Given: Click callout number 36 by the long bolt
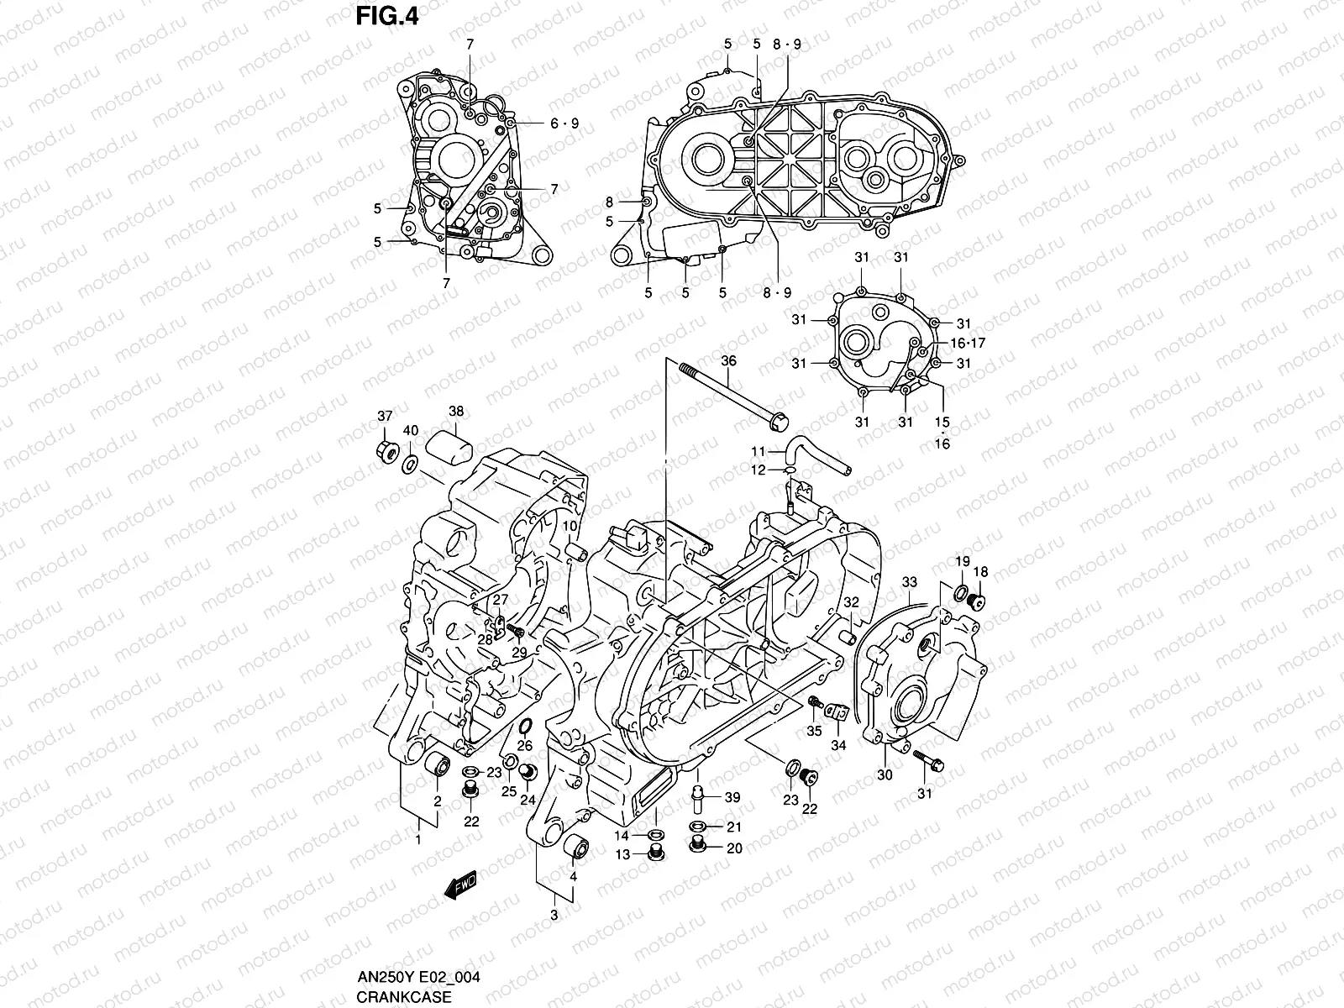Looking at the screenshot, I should pyautogui.click(x=728, y=360).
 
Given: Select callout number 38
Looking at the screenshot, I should pyautogui.click(x=455, y=412).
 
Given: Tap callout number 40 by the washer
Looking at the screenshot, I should pyautogui.click(x=411, y=431).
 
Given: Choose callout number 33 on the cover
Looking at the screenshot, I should pyautogui.click(x=910, y=581).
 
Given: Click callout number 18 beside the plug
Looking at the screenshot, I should pyautogui.click(x=980, y=572).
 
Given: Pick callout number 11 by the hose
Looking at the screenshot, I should pyautogui.click(x=759, y=452).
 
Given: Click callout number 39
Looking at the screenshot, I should pyautogui.click(x=732, y=797).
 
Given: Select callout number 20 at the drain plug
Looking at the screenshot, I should pyautogui.click(x=734, y=848).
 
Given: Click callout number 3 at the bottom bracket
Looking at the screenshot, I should pyautogui.click(x=554, y=915).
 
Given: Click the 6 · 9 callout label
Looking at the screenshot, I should pyautogui.click(x=564, y=123).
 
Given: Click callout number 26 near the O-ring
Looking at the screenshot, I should pyautogui.click(x=525, y=745).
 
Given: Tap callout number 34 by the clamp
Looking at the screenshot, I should pyautogui.click(x=838, y=745).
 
